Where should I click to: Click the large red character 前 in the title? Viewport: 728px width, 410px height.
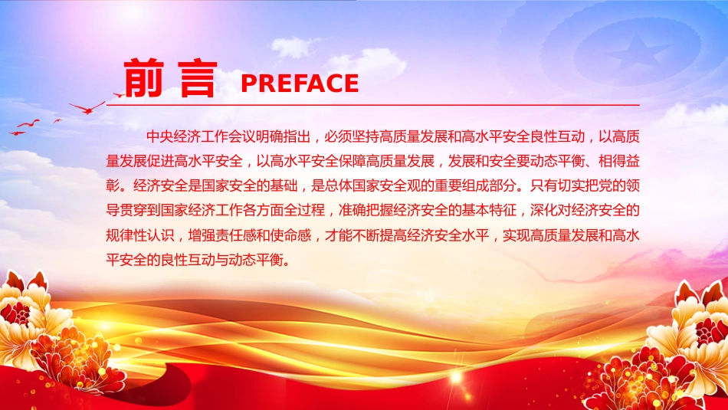143,77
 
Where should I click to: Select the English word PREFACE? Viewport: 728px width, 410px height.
300,84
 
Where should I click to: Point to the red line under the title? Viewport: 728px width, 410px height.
373,106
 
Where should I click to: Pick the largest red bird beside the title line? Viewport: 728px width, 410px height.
87,108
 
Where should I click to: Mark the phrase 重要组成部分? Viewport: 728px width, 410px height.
475,185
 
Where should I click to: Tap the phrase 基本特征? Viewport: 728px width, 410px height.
489,210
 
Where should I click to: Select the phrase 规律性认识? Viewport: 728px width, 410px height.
140,235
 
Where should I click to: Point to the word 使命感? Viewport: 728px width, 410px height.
290,235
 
